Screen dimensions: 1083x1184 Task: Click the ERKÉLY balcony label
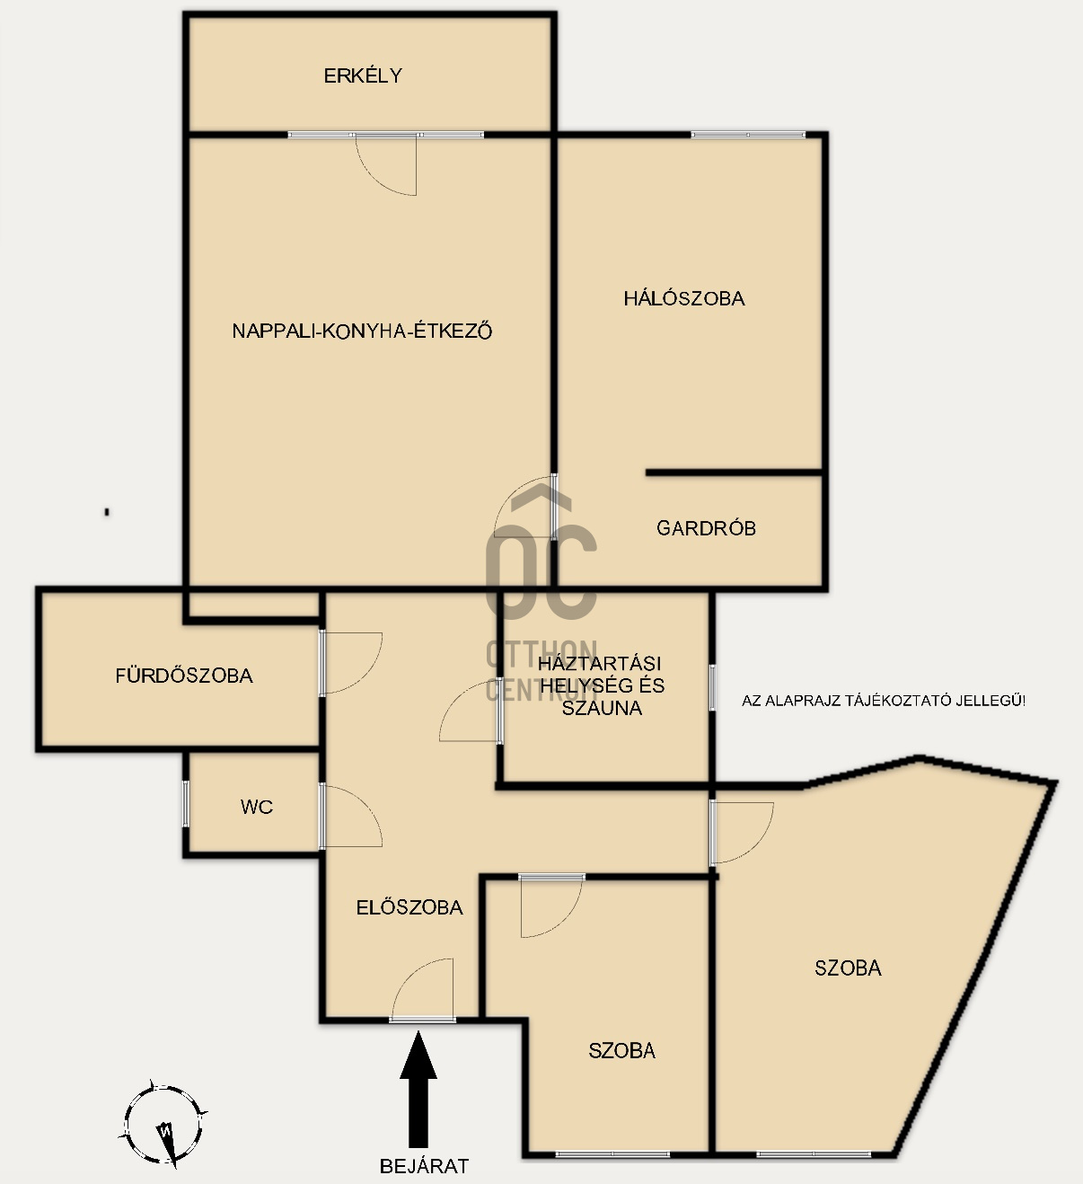pos(363,75)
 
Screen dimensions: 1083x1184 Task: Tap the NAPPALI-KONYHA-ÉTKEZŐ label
pos(362,331)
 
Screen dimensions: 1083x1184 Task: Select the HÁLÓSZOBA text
pos(684,298)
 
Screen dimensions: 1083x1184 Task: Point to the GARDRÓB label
pos(706,527)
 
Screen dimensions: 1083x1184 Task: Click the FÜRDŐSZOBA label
pos(183,676)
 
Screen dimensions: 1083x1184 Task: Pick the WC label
pos(257,807)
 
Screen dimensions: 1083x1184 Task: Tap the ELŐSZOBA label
pos(409,907)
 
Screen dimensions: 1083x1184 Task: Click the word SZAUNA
pos(602,708)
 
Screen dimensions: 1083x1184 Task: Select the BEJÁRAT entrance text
pos(424,1166)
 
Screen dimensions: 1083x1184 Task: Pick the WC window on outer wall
pos(185,803)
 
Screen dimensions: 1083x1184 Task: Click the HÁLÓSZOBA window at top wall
pos(748,135)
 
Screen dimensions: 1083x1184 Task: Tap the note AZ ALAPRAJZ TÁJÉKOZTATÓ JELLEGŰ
pos(884,701)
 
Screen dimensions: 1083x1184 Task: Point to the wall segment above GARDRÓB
pos(734,473)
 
